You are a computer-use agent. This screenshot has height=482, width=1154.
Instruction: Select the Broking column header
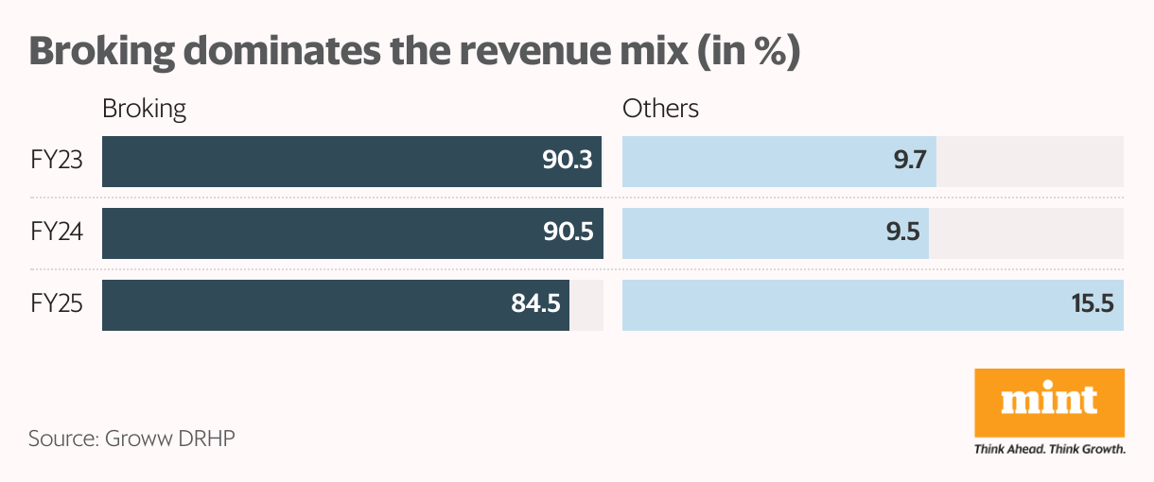pos(144,109)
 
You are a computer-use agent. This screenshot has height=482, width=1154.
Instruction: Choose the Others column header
pos(660,109)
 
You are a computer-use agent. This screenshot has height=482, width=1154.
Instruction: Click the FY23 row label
pos(56,161)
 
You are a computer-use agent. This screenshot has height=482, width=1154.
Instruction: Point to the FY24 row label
pos(56,232)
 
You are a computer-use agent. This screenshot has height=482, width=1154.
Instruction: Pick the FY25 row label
pos(56,304)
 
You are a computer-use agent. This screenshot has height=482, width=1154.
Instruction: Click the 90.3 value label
pos(567,161)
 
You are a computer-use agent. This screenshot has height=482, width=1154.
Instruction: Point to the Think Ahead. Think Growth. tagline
pos(1049,449)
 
